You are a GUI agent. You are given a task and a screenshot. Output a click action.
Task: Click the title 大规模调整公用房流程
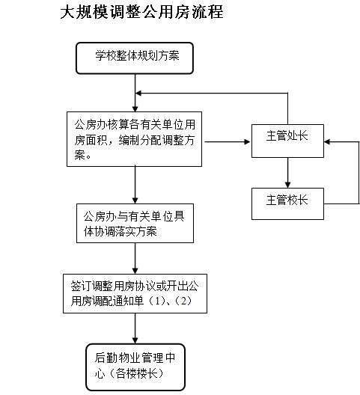(142, 12)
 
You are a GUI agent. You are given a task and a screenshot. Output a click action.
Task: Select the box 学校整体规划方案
(135, 58)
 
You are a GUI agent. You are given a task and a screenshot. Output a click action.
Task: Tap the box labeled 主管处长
(287, 141)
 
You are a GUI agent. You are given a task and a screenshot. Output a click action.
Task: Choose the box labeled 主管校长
(287, 203)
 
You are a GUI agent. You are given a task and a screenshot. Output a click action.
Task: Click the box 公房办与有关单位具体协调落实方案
(135, 224)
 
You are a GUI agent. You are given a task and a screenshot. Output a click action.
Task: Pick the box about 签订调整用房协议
(135, 294)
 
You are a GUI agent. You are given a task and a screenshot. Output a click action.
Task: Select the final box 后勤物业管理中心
(135, 367)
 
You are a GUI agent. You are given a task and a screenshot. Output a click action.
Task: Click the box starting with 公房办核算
(135, 139)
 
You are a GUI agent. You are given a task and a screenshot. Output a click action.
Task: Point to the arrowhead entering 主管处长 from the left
(247, 142)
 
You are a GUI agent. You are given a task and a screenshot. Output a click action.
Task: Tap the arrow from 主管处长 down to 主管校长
(287, 173)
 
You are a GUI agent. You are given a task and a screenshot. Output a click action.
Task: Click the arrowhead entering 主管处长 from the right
(327, 142)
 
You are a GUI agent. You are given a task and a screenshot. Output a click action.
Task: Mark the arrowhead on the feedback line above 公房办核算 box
(138, 94)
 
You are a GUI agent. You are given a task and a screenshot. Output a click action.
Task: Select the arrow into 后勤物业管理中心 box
(135, 328)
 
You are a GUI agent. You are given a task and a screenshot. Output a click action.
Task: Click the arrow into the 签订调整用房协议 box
(135, 258)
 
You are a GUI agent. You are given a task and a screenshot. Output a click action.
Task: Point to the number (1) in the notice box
(157, 301)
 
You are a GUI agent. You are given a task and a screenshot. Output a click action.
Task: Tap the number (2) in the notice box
(183, 301)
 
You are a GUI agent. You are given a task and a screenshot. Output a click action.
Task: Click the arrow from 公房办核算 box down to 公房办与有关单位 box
(135, 185)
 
